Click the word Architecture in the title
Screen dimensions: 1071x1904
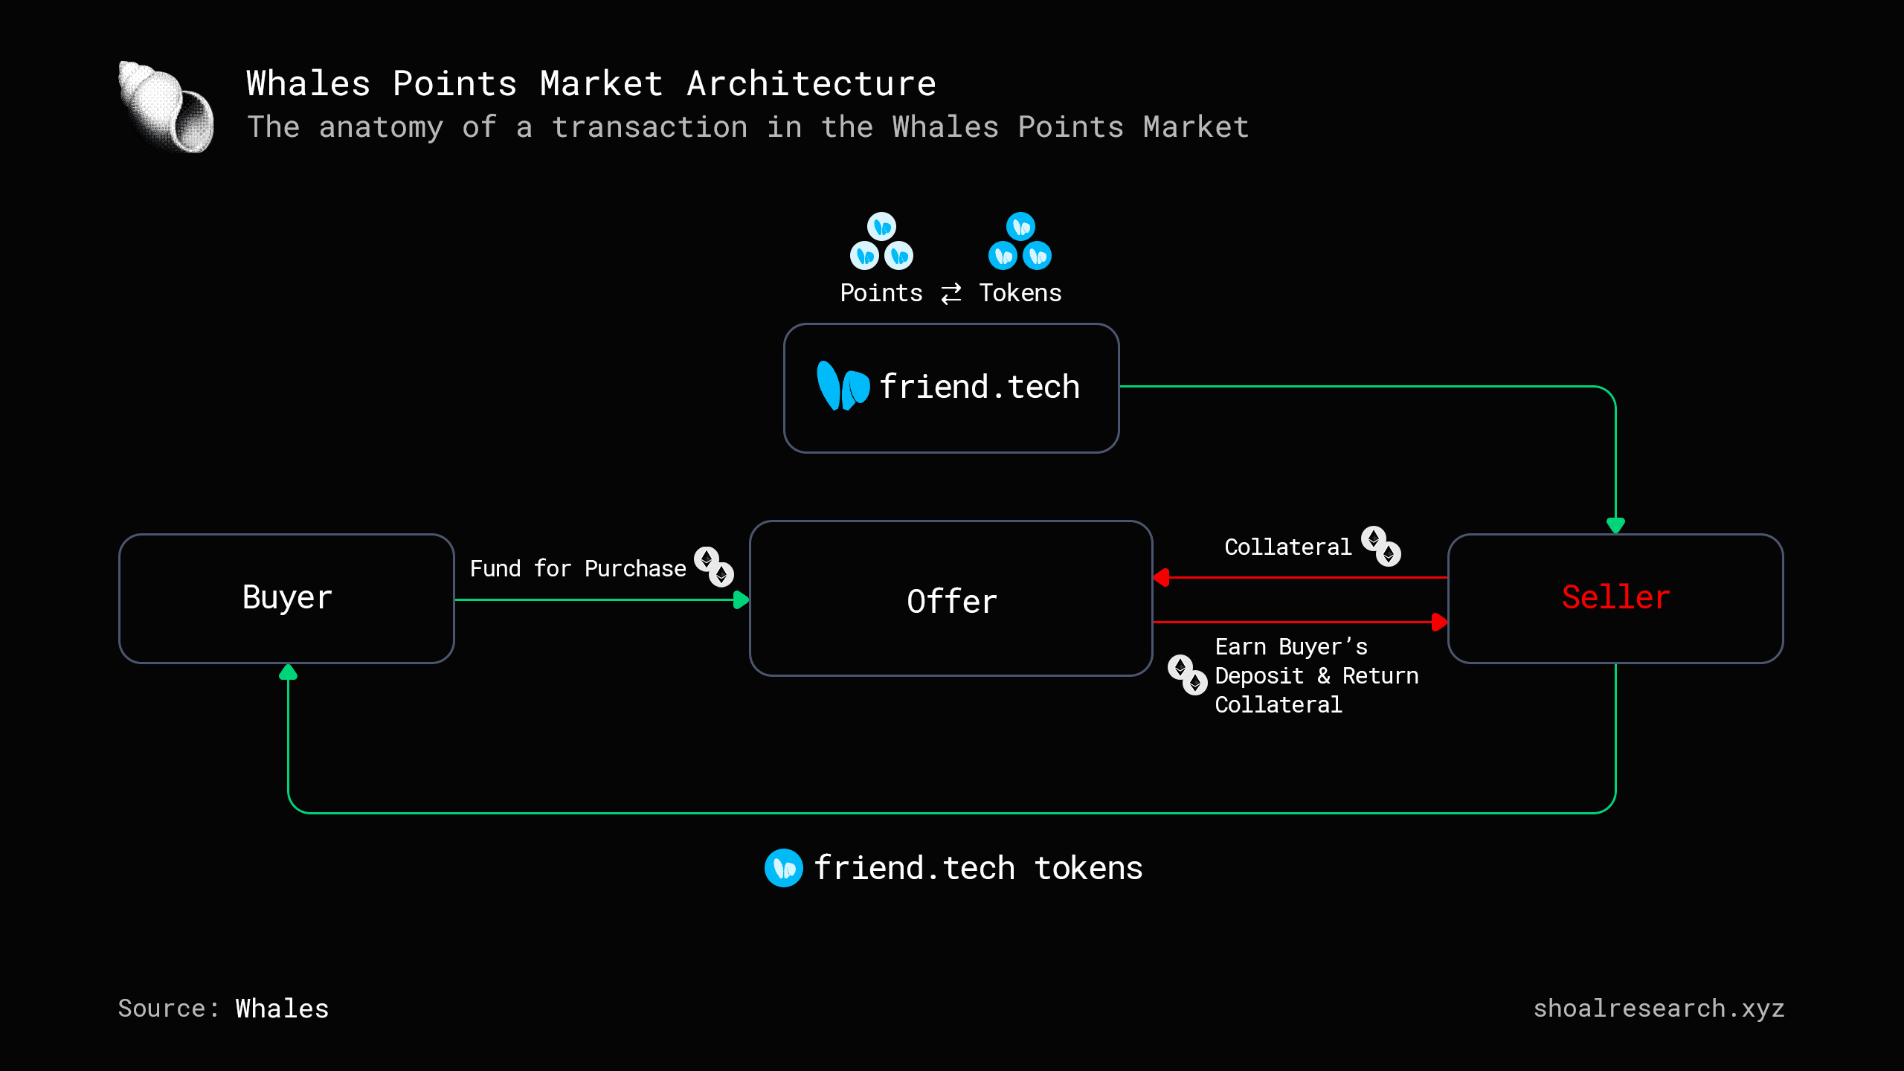pos(811,83)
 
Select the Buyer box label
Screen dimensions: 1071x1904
pos(287,598)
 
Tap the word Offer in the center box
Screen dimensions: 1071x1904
pos(951,601)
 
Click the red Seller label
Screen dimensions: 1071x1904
pos(1615,597)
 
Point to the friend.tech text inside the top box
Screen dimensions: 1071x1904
pos(980,387)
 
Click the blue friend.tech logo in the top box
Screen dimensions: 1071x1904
pos(843,386)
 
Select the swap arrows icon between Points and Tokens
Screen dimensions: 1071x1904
pos(951,294)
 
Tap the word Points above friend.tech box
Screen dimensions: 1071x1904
pos(881,293)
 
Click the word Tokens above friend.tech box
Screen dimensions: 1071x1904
pos(1020,293)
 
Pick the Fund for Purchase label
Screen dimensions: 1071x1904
pos(577,569)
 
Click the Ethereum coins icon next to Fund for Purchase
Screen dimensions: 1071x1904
pos(714,567)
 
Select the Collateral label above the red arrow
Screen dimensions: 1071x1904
pos(1287,547)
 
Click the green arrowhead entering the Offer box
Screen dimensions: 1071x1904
pos(741,599)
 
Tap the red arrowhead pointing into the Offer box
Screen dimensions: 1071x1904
pos(1161,577)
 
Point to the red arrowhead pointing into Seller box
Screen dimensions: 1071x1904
pos(1439,622)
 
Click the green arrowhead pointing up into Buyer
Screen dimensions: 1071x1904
pos(288,672)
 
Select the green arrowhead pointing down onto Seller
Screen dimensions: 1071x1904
pos(1615,525)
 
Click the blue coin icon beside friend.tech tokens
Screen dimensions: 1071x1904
pos(783,868)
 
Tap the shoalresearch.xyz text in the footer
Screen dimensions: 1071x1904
pos(1659,1009)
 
